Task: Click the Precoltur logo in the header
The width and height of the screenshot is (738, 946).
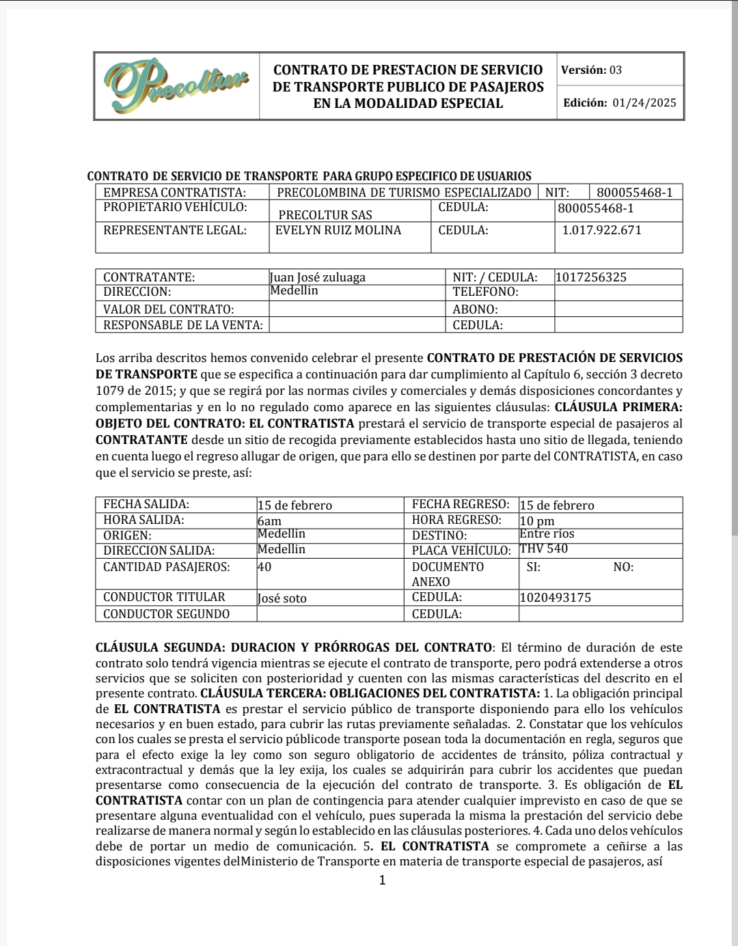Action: (x=176, y=87)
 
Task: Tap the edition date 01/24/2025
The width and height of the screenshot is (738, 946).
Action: (x=644, y=103)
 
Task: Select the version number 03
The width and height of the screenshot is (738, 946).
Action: (x=616, y=70)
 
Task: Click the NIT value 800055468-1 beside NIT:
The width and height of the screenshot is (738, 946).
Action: (x=634, y=193)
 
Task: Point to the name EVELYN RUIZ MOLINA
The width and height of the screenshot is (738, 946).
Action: (x=338, y=230)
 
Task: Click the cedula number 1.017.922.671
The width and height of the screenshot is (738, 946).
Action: (x=602, y=230)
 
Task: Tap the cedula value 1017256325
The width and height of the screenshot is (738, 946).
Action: (x=591, y=277)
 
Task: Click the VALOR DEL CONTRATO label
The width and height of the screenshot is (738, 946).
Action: (x=168, y=309)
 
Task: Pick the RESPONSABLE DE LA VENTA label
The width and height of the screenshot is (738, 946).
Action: (x=182, y=325)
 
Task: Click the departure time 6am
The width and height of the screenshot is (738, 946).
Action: (x=269, y=521)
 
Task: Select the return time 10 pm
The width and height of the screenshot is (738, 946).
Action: (x=537, y=521)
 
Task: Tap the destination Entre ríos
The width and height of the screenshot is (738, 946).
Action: (x=547, y=534)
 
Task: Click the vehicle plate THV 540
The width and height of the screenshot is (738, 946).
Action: (x=543, y=549)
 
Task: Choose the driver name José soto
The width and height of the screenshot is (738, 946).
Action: (x=282, y=598)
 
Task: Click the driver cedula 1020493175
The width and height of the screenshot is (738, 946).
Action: (x=555, y=598)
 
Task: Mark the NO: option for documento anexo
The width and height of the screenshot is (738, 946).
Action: (x=623, y=567)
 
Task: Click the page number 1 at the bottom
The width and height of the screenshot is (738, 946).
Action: (x=382, y=880)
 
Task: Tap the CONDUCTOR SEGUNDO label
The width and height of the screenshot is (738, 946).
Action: (x=166, y=614)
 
